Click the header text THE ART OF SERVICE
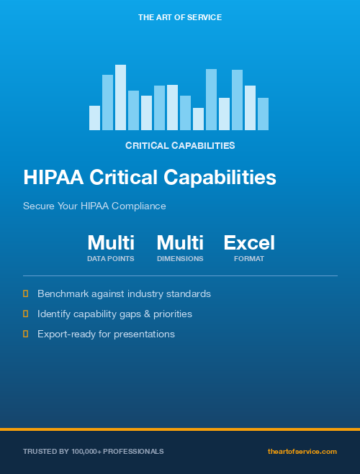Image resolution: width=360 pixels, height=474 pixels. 180,17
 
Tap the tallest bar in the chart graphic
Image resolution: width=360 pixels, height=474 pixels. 120,97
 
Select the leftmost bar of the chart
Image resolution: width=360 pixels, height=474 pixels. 94,118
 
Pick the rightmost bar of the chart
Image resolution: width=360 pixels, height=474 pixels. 263,114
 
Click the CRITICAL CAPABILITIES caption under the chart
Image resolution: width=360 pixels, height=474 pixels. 180,145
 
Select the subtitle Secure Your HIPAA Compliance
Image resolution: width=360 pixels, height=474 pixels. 94,206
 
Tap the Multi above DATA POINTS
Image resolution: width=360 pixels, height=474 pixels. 111,242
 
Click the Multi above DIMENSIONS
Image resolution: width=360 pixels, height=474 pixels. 180,242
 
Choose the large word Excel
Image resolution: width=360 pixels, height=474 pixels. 249,242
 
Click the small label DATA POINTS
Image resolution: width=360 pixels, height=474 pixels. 111,258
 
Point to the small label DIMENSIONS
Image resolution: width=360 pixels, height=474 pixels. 180,258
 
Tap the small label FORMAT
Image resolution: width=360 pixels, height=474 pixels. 249,258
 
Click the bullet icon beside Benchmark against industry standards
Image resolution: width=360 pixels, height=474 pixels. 26,293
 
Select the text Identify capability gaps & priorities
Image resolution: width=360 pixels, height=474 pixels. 114,314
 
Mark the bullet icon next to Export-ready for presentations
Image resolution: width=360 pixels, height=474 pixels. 26,334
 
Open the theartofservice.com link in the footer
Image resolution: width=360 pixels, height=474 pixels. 302,451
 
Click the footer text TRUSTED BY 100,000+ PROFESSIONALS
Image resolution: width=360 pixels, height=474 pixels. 93,451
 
